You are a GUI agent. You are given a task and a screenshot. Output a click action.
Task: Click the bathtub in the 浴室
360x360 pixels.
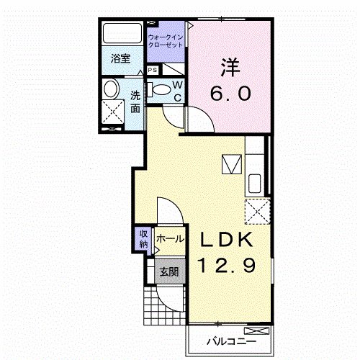[122, 33]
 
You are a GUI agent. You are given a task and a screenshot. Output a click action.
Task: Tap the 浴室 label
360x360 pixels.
[121, 59]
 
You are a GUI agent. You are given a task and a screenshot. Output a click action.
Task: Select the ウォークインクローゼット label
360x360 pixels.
[166, 41]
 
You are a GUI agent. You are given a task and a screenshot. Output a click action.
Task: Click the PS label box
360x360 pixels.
[153, 70]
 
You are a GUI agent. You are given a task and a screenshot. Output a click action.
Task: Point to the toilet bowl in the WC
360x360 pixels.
[161, 89]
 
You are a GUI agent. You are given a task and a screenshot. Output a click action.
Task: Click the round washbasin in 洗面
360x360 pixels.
[111, 89]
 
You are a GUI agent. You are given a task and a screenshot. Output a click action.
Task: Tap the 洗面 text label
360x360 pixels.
[135, 102]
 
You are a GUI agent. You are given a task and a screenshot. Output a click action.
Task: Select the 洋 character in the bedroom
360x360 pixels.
[230, 67]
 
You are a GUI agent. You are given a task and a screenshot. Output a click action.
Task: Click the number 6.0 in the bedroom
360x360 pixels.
[230, 93]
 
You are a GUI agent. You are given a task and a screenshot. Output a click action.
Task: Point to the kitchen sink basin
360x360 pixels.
[255, 184]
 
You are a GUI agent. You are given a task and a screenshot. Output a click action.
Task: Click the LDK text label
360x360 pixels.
[227, 239]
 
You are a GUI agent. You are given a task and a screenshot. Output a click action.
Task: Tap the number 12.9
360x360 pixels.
[226, 265]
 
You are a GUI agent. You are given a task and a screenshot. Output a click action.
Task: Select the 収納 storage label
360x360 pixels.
[143, 239]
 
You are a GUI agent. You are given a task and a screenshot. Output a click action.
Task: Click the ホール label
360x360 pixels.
[170, 239]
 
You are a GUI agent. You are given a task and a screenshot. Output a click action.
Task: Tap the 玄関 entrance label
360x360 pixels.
[169, 272]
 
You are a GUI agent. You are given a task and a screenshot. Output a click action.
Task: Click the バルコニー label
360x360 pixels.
[232, 341]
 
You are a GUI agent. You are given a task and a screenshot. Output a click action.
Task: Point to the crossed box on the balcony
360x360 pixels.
[257, 331]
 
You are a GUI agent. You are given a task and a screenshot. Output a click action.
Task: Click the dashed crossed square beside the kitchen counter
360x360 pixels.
[258, 212]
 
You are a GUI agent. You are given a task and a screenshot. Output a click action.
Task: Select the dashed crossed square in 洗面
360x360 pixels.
[113, 112]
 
